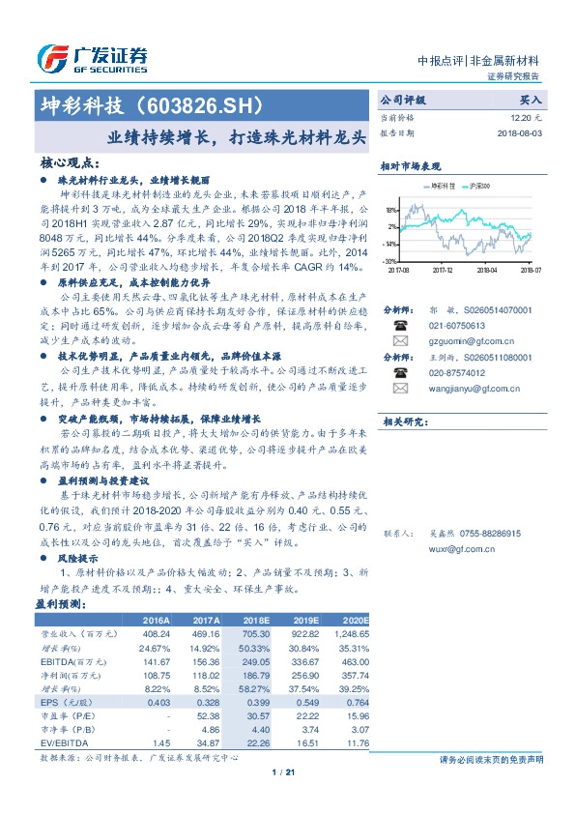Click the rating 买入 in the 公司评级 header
(531, 99)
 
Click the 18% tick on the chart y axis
(389, 209)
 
